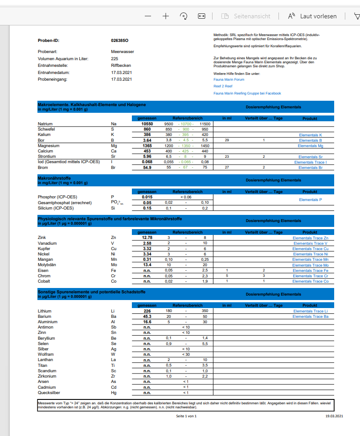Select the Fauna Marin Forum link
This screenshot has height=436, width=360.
[x=229, y=79]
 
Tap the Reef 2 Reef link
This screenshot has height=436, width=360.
[x=223, y=86]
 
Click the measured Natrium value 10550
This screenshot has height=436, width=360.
[x=147, y=123]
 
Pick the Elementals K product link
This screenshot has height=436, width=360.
[x=311, y=135]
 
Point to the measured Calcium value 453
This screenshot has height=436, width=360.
[x=147, y=151]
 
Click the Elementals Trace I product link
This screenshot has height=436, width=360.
[x=310, y=162]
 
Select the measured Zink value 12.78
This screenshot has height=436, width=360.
[x=147, y=238]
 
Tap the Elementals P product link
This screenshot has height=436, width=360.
[x=310, y=200]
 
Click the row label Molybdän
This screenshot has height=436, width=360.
[x=47, y=265]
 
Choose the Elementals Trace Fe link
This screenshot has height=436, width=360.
[x=310, y=271]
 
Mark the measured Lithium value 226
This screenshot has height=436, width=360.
[x=147, y=311]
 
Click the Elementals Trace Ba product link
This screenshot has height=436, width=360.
[x=310, y=317]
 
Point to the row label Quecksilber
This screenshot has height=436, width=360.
[x=49, y=393]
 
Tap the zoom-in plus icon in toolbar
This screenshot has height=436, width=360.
[x=166, y=16]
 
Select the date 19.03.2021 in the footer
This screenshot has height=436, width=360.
[x=334, y=416]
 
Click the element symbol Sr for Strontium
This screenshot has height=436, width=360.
[x=113, y=156]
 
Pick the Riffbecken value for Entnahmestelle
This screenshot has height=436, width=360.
[x=121, y=66]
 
